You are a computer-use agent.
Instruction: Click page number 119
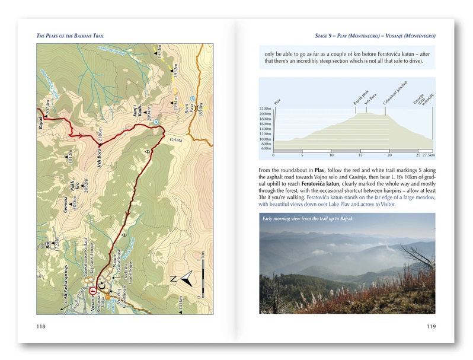click(431, 326)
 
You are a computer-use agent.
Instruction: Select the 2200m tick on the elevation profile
click(266, 109)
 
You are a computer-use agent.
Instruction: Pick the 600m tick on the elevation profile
click(266, 149)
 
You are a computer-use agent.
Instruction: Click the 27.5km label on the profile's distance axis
click(428, 155)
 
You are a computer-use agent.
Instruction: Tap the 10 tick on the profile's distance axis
click(331, 155)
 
